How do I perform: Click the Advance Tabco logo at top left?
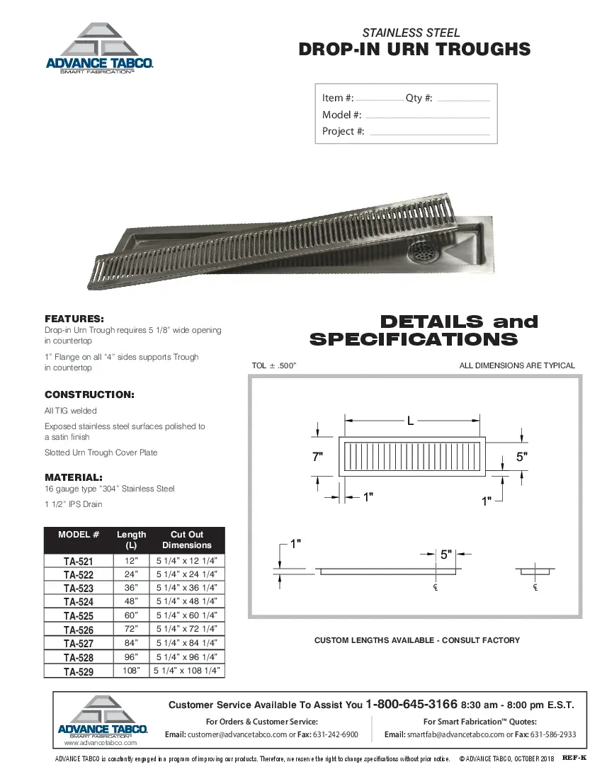[x=99, y=48]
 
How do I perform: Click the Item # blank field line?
[x=379, y=100]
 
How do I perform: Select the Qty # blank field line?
[x=463, y=100]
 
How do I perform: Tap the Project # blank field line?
[x=429, y=133]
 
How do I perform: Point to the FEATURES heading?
[x=74, y=319]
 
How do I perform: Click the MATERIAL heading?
[x=74, y=477]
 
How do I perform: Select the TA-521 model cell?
[x=78, y=561]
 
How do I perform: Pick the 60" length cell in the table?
[x=131, y=615]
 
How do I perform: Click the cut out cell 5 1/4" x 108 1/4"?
[x=187, y=670]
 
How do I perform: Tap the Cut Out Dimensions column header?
[x=187, y=540]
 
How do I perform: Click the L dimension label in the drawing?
[x=409, y=421]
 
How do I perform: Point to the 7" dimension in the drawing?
[x=318, y=457]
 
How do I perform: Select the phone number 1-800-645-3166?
[x=411, y=705]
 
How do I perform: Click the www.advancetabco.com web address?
[x=100, y=744]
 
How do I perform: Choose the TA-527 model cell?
[x=78, y=643]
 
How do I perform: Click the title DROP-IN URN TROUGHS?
[x=414, y=49]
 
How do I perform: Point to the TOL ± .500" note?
[x=273, y=365]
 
